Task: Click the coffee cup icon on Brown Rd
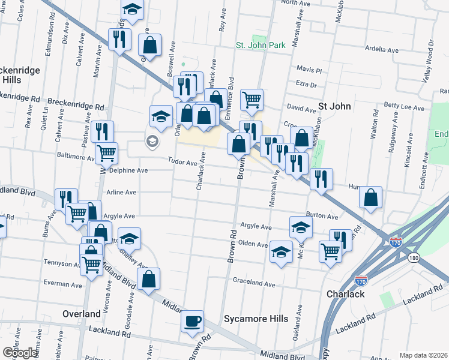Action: [193, 321]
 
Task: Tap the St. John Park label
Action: [260, 45]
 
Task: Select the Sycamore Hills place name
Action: [252, 318]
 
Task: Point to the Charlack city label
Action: [345, 294]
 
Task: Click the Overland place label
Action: [82, 314]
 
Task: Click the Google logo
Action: [20, 353]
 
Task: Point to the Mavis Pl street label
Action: [310, 70]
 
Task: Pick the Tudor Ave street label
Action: [182, 163]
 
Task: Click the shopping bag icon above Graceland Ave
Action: [148, 280]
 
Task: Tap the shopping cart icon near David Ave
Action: [252, 100]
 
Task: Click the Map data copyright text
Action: [424, 355]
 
